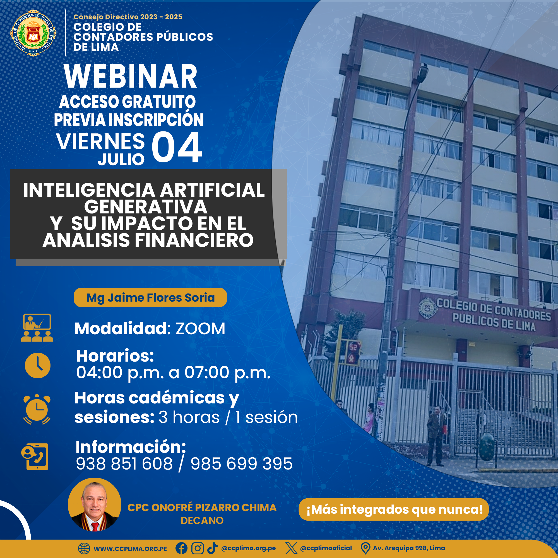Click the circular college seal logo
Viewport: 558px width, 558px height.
click(x=33, y=33)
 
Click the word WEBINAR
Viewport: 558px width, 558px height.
click(x=131, y=76)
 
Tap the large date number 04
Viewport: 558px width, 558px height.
click(x=177, y=147)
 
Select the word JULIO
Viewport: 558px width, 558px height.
click(x=121, y=159)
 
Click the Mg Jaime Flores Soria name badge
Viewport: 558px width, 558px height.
click(x=150, y=297)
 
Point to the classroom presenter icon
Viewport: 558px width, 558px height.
click(x=37, y=328)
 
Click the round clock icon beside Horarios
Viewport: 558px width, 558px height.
click(x=38, y=365)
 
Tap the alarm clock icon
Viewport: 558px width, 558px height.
click(x=37, y=409)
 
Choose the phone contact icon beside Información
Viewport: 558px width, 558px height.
click(x=35, y=457)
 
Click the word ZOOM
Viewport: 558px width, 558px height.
click(x=200, y=329)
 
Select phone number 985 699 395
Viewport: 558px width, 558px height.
click(x=241, y=463)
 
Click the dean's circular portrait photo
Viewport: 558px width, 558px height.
click(x=95, y=504)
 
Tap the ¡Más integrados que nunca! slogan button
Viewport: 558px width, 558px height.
click(x=393, y=509)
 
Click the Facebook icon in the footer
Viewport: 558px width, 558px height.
click(x=181, y=548)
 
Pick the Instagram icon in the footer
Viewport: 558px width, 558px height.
click(x=198, y=548)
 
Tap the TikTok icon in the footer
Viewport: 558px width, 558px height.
click(x=212, y=548)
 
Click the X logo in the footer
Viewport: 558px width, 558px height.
click(x=291, y=548)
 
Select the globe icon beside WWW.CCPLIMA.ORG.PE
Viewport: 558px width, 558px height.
click(x=84, y=549)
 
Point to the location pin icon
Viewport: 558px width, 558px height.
click(x=365, y=548)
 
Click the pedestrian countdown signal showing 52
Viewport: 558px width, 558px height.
click(x=353, y=353)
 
